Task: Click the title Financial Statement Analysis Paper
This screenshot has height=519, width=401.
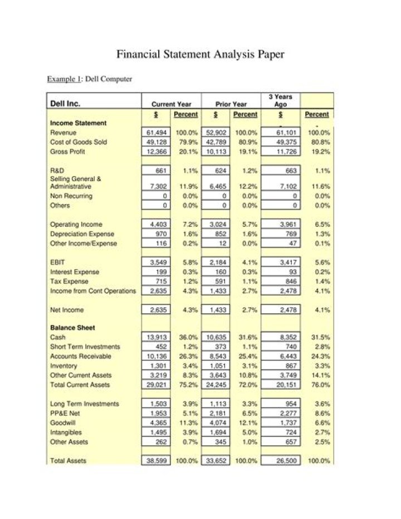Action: click(200, 54)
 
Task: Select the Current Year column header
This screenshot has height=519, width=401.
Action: click(171, 104)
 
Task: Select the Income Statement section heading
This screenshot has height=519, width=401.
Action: click(79, 123)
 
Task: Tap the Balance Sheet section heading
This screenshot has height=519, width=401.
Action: click(72, 328)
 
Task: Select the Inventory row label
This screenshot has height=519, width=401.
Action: click(63, 366)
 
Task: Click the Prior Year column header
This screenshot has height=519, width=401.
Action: click(232, 104)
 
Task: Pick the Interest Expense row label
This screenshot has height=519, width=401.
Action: click(75, 271)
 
